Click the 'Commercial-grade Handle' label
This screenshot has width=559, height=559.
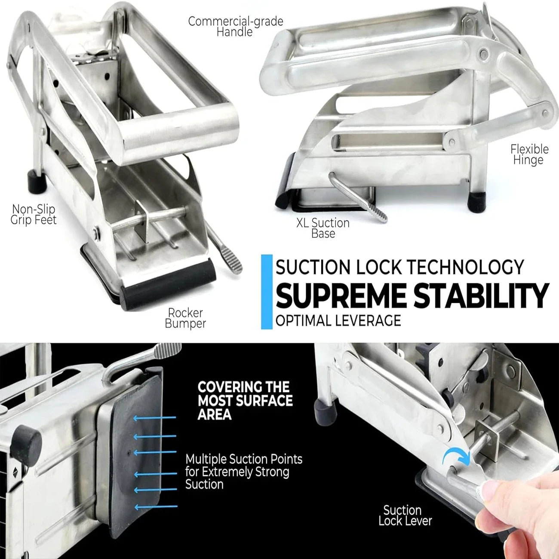click(236, 26)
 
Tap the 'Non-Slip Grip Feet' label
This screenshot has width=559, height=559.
click(34, 215)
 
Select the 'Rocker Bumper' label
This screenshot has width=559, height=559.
click(185, 318)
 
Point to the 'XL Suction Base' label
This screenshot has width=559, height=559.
click(323, 228)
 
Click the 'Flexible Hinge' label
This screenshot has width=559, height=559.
click(529, 154)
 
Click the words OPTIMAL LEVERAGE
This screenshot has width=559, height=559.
click(338, 320)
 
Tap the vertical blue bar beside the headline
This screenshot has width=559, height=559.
click(267, 292)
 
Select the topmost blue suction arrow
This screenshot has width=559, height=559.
click(155, 418)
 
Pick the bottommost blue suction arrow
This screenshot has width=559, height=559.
click(156, 507)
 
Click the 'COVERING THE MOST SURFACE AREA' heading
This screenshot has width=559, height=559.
click(245, 400)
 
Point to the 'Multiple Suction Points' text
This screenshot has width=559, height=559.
click(244, 459)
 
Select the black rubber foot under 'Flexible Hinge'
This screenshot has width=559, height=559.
click(476, 202)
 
